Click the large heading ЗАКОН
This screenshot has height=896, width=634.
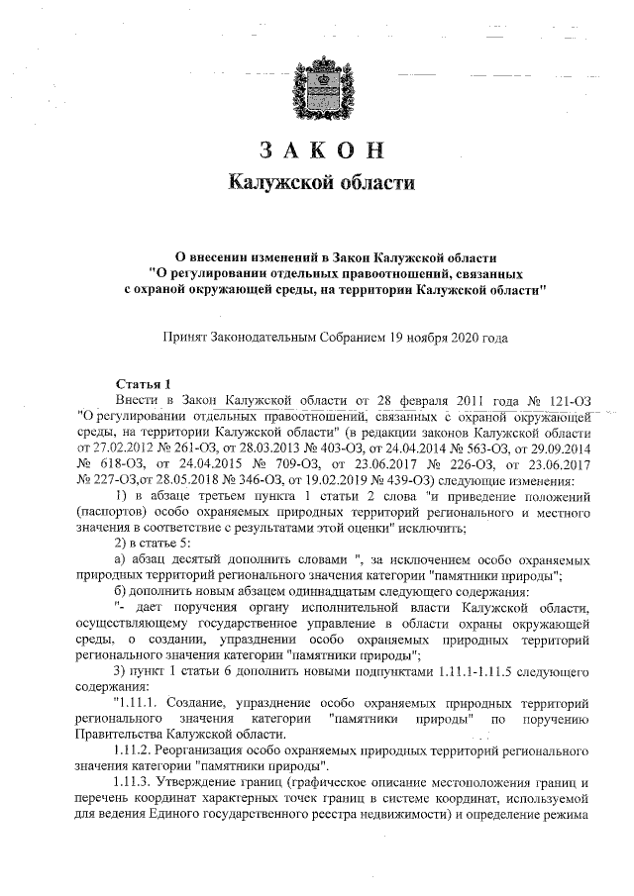click(319, 149)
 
